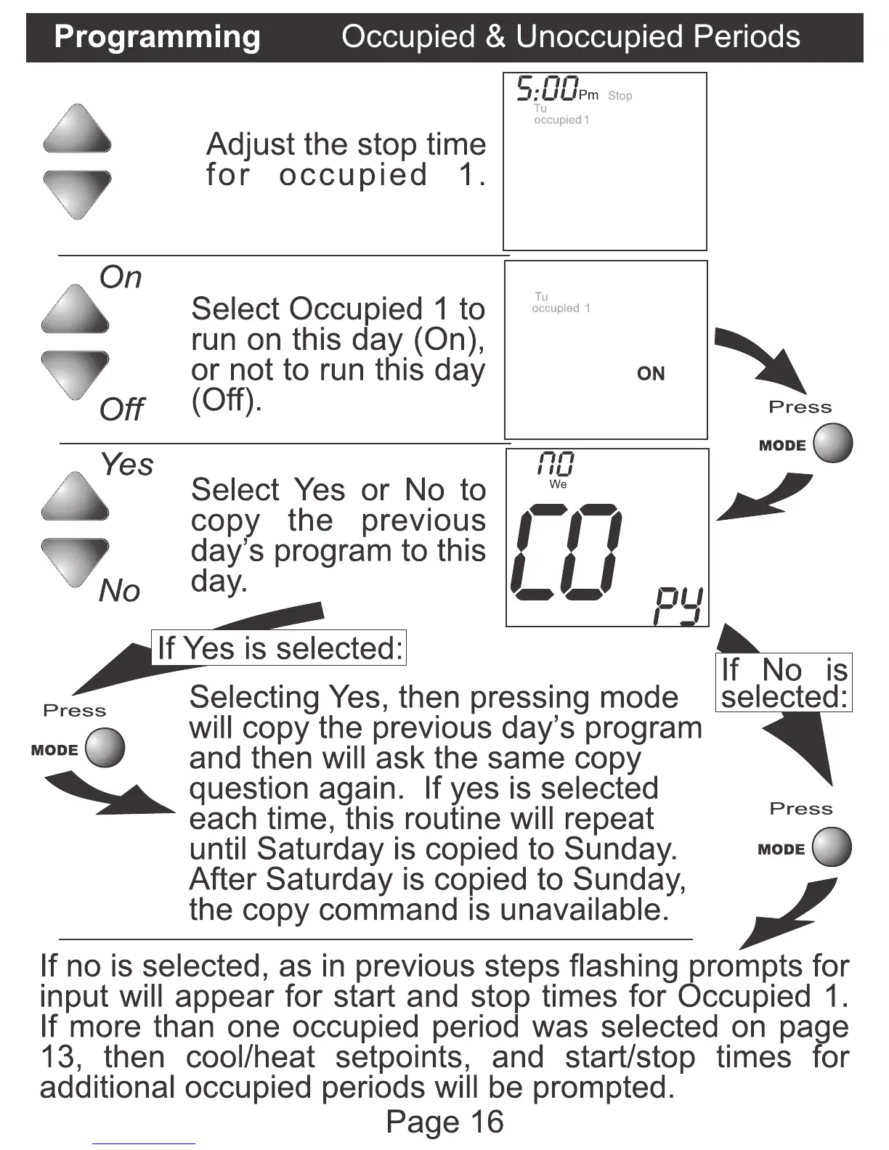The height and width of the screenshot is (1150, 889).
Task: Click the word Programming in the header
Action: (157, 37)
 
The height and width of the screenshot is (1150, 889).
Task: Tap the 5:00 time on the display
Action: (548, 89)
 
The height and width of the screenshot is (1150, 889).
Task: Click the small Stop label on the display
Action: (620, 96)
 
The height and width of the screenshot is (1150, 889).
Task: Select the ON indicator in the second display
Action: (651, 373)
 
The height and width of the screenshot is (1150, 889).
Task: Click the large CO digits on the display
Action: (567, 552)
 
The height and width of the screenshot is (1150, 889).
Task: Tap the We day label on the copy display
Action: (558, 484)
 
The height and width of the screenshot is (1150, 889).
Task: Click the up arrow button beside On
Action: (76, 309)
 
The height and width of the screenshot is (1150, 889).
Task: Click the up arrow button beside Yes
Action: (76, 497)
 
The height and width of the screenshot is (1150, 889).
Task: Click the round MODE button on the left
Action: (105, 748)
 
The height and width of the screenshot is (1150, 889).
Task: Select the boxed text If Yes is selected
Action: (280, 648)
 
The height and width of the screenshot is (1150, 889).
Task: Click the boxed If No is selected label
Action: (784, 682)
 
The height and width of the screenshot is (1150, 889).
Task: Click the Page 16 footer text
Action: (444, 1122)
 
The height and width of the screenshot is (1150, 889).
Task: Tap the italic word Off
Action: (121, 409)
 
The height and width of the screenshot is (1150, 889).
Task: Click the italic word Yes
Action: (127, 465)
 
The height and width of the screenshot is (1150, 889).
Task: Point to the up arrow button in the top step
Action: (77, 129)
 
